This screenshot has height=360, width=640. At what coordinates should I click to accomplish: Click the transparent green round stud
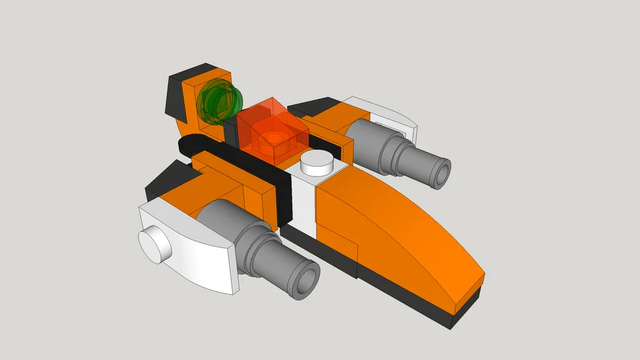point(219,101)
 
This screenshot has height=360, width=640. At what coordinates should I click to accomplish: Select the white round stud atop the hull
point(317,165)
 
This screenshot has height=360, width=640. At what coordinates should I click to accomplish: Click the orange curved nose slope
point(401,232)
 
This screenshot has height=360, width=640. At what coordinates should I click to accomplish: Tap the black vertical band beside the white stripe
point(285,200)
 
